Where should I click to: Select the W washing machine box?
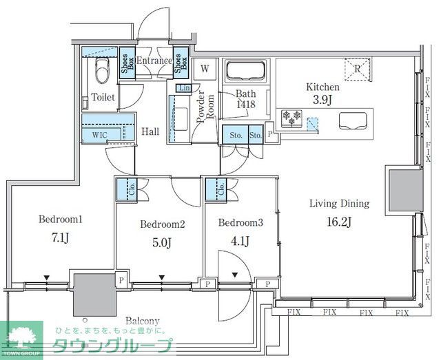[x=204, y=68]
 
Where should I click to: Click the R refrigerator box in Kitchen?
[x=358, y=68]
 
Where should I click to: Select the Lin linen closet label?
[x=183, y=89]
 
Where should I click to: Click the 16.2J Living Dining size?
[x=339, y=221]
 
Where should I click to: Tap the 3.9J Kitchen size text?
[x=322, y=101]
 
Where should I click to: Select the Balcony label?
[x=143, y=321]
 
